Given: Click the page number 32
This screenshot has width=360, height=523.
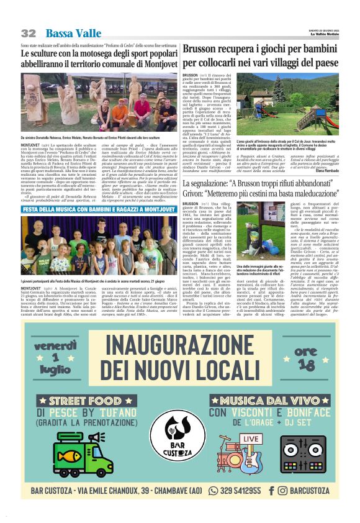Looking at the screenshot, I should [28, 33].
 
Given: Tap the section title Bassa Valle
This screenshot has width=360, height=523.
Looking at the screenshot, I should [73, 33].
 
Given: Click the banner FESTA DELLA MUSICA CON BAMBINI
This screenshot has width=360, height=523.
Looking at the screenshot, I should [90, 210].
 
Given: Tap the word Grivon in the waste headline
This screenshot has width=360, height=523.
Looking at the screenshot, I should [198, 193].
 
